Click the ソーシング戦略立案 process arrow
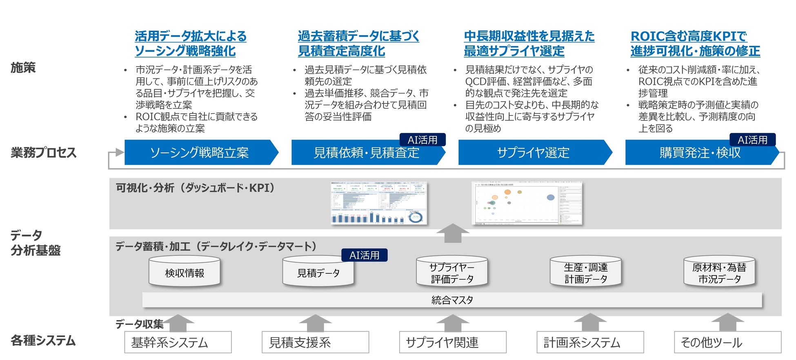[x=200, y=153]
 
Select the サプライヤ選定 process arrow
[x=533, y=153]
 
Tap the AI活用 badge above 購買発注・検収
[x=752, y=140]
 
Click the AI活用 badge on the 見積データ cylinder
[x=364, y=255]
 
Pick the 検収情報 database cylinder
[x=185, y=271]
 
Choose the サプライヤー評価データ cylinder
[x=452, y=272]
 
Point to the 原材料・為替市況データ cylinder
[x=719, y=272]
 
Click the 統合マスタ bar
[x=452, y=300]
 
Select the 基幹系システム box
[x=178, y=342]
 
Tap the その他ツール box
[x=727, y=342]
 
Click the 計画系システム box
[x=590, y=342]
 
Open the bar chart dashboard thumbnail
[x=378, y=203]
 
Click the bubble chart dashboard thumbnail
[x=527, y=203]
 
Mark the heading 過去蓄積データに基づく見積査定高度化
[x=358, y=44]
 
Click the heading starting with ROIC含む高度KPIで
[x=695, y=44]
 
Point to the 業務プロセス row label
[x=44, y=153]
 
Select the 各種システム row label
[x=43, y=340]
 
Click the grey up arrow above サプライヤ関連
[x=452, y=322]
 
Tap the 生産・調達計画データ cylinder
[x=585, y=272]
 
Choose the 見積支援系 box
[x=315, y=342]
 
